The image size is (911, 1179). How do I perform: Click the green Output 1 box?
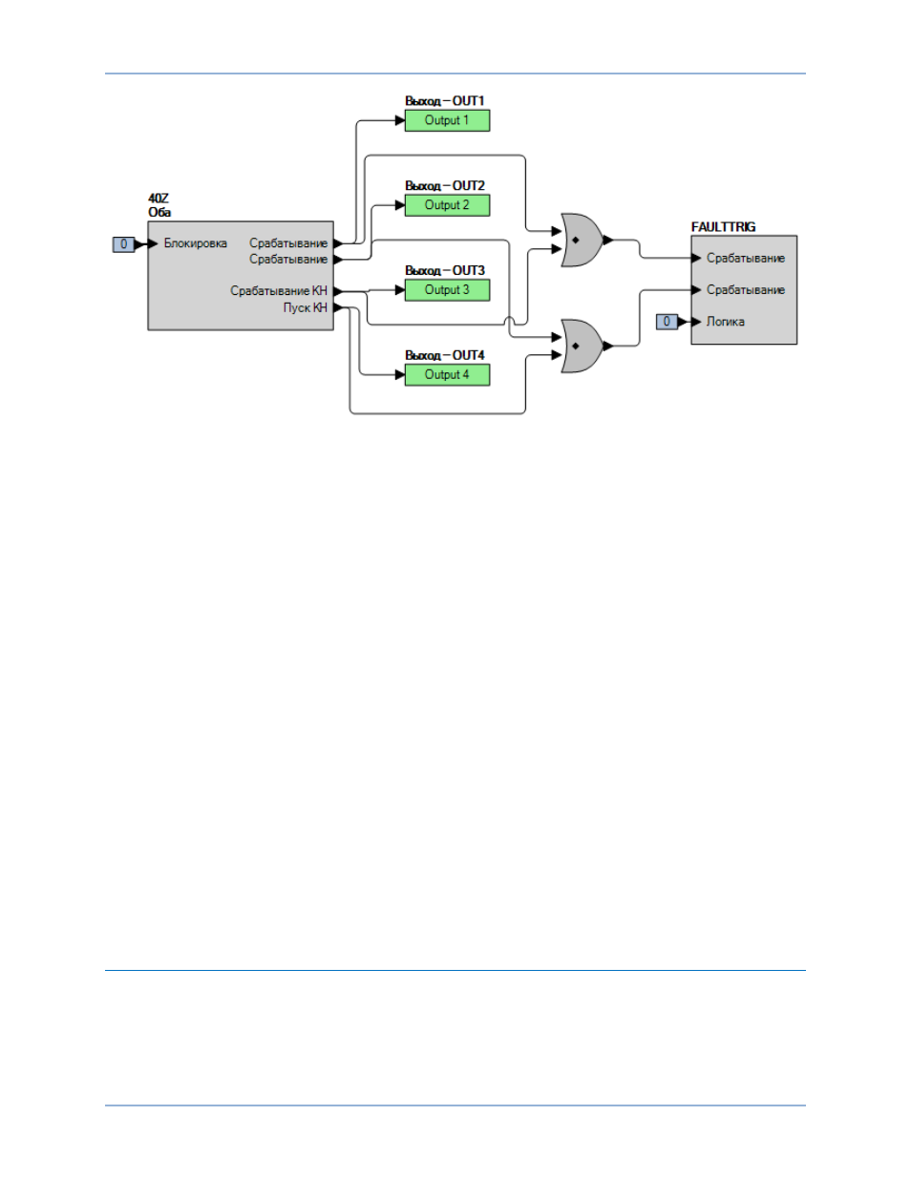[447, 120]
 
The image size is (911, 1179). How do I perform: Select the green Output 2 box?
[447, 205]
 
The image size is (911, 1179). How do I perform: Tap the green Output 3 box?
[447, 289]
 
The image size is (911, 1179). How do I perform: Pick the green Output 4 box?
[447, 375]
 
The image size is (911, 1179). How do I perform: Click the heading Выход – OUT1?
[444, 101]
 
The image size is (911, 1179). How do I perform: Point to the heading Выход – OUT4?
[444, 355]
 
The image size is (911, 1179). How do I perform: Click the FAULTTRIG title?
[723, 227]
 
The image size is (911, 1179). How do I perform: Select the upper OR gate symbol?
[582, 240]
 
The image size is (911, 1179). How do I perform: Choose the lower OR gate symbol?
[582, 346]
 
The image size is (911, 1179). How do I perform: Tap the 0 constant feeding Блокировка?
[123, 244]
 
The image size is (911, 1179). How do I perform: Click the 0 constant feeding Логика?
[667, 322]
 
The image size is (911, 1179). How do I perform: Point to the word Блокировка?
[196, 243]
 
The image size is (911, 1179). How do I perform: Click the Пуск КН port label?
[306, 307]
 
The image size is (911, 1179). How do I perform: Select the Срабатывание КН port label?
[279, 291]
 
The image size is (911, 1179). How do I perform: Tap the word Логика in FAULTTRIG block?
[726, 322]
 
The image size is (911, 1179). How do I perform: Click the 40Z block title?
[159, 199]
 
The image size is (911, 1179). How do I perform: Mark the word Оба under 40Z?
[159, 212]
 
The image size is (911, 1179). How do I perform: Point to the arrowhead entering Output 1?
[400, 120]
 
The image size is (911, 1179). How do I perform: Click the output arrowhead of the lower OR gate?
[608, 346]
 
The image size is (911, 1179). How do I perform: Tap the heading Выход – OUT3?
[444, 270]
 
